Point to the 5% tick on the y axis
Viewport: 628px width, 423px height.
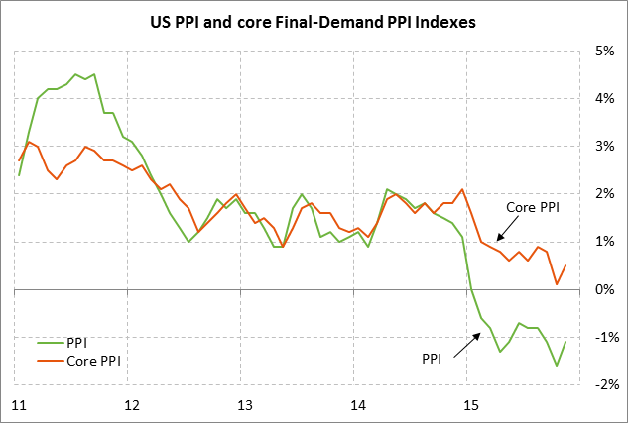604,51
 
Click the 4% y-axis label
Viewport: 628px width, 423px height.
604,98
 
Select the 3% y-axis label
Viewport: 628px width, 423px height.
604,146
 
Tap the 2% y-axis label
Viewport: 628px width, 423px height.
604,194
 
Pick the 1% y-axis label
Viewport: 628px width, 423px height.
604,242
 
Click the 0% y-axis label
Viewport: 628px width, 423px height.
604,289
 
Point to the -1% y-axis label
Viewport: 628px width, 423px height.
602,337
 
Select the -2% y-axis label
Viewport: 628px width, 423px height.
602,384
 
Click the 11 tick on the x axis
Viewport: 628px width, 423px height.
18,404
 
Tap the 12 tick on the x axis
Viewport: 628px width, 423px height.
131,404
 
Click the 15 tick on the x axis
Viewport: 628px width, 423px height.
470,404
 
